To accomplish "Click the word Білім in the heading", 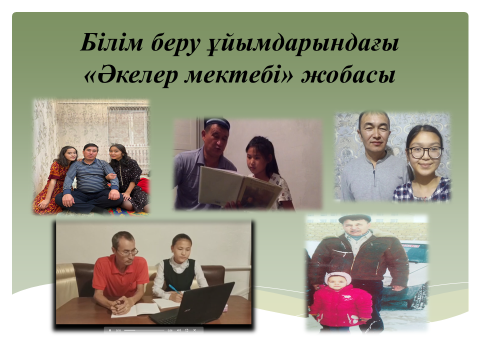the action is point(111,42).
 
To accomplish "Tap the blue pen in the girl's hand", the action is point(173,288).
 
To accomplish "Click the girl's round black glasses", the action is point(426,152).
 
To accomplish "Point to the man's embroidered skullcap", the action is point(217,123).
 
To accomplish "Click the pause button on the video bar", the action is point(110,330).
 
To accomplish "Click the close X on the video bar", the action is point(194,330).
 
